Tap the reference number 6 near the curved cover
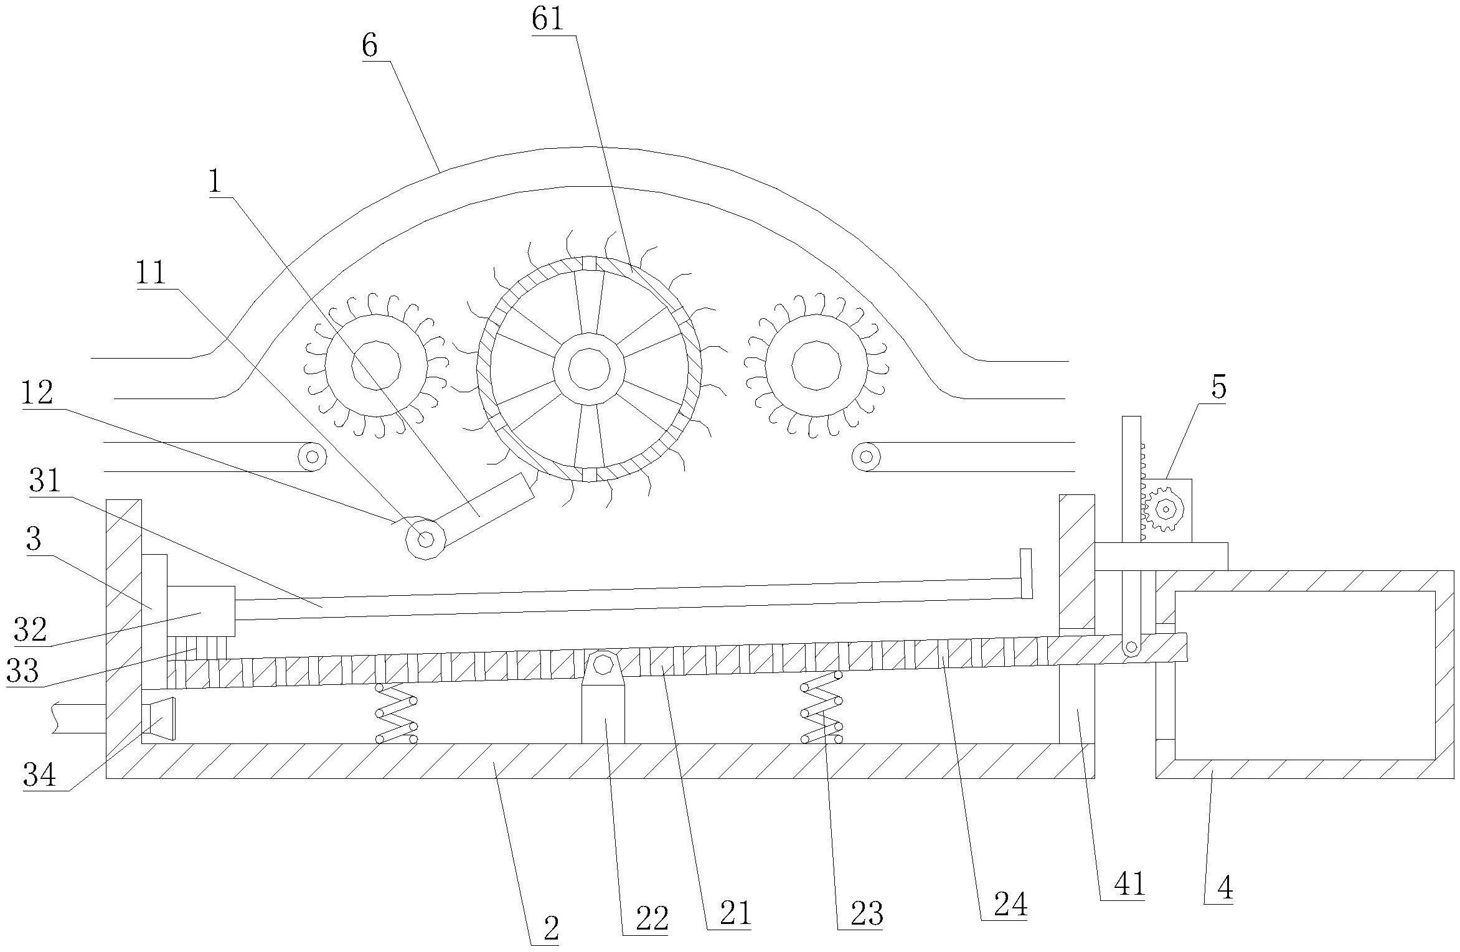370,47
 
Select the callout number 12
37,394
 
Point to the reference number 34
40,776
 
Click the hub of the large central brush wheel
589,368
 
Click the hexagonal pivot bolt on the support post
603,664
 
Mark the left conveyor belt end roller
313,456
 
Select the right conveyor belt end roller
866,456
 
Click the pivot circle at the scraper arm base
426,539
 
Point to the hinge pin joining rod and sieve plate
1131,649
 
